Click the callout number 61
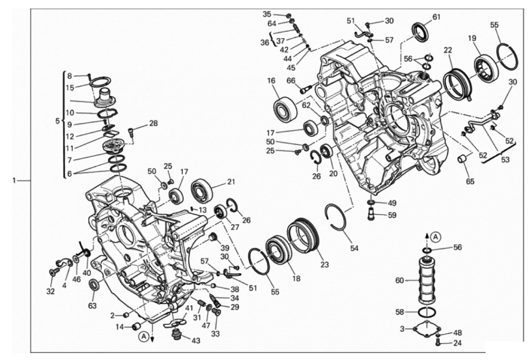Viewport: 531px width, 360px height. (436, 17)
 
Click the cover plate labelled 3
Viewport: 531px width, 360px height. (426, 329)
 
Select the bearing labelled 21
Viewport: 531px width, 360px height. (202, 191)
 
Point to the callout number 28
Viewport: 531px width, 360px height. (153, 123)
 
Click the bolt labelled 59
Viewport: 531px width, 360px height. (371, 215)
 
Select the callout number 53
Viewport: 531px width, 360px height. (505, 160)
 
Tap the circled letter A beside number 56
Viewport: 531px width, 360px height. (435, 236)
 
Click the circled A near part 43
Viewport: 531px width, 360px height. (143, 336)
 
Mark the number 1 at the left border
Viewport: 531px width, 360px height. (14, 181)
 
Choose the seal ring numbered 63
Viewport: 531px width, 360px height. (95, 285)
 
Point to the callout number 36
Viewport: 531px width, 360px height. (265, 42)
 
